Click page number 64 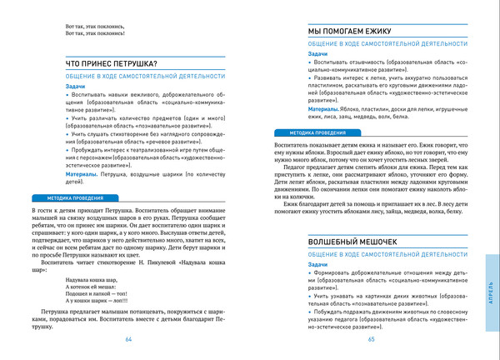click(128, 340)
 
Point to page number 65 click(372, 340)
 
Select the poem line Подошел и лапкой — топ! click(94, 294)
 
